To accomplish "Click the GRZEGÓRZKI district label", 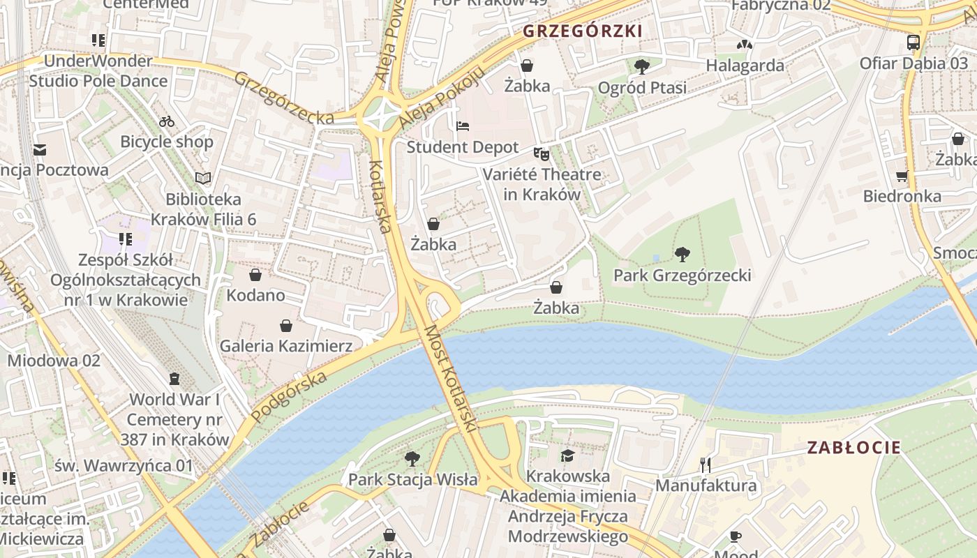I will point(583,31).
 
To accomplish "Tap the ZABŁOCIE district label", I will point(854,448).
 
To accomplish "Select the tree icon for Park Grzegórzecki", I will point(682,255).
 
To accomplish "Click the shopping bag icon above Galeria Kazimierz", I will point(285,326).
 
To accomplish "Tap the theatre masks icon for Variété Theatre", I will point(542,153).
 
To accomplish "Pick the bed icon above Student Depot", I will point(463,126).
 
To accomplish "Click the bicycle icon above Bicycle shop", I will point(166,121).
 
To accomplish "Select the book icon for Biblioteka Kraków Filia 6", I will point(203,179).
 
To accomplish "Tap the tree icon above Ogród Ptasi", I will point(641,67).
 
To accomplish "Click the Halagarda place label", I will point(745,66).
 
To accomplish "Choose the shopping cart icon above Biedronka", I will point(902,176).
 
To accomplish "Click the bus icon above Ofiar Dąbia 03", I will point(913,43).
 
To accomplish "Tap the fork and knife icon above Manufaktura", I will point(706,465).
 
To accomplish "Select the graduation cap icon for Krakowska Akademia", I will point(567,455).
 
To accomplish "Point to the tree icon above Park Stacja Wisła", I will point(412,459).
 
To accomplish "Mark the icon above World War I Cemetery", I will point(174,379).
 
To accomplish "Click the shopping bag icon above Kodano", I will point(255,275).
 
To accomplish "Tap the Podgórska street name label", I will point(288,397).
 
